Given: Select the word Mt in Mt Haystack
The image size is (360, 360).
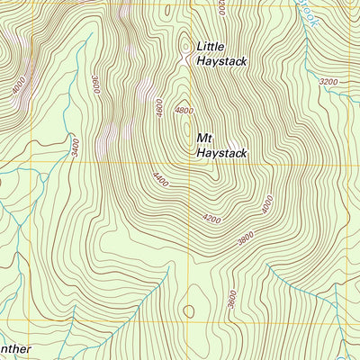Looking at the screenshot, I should point(204,139).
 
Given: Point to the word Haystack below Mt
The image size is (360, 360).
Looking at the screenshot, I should point(221,153).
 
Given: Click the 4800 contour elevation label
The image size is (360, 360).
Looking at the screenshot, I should point(184,110).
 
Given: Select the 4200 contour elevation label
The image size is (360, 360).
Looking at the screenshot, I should point(211,219).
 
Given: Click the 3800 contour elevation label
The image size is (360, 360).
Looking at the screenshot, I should point(243,238).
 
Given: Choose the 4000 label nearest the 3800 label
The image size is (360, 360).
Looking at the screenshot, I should point(266,205).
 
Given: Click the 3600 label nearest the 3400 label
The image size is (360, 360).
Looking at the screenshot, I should point(95,83).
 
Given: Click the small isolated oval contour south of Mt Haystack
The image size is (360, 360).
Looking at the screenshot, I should point(188,311).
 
